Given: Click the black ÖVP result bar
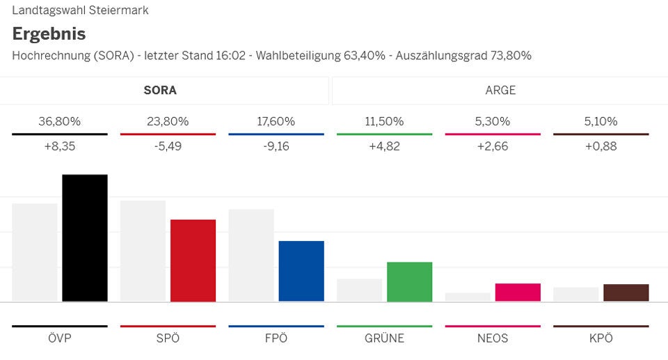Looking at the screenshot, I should point(85,238).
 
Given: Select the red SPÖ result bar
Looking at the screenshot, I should point(193,260).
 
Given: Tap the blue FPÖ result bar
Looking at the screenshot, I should point(301,271).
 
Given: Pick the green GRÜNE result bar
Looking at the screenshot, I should point(409,281).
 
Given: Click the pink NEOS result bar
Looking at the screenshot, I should point(518,292).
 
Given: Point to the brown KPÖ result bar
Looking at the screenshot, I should point(626,292).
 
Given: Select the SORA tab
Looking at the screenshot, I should point(160,91).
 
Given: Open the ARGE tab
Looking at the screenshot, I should point(500,91).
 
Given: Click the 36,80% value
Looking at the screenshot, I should point(60,121).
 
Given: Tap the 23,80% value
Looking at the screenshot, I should point(168,121).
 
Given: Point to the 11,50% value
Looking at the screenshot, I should point(384,121).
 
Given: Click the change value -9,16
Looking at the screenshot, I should point(276,146).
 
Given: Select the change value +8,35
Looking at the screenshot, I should point(60,146).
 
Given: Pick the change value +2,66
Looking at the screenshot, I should point(493,146).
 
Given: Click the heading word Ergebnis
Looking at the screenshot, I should point(49,33).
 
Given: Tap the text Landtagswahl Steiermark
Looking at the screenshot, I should point(80,10).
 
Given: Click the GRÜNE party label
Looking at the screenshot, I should point(384,338).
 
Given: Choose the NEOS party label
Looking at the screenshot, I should point(493,338).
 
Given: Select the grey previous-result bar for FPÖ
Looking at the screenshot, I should point(251,255).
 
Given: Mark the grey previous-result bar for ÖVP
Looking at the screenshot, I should point(35,252).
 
